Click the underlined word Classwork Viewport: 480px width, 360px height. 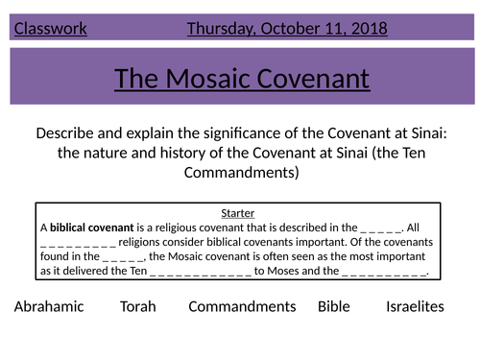point(51,29)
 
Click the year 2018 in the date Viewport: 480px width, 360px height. point(365,29)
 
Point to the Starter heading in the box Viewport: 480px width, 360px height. point(237,214)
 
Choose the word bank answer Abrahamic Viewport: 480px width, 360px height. point(50,307)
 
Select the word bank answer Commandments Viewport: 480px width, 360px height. point(242,307)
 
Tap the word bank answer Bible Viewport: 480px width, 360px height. point(336,307)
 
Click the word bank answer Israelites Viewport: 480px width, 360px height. point(416,307)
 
